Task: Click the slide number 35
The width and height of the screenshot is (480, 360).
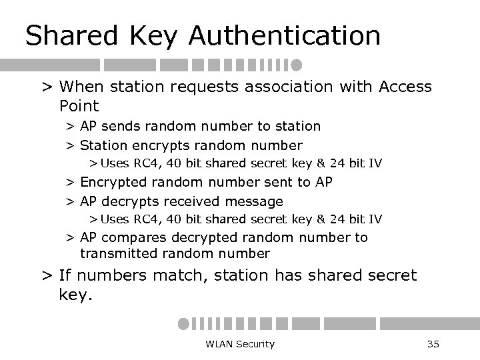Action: click(x=433, y=344)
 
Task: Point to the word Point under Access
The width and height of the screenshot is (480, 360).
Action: click(x=79, y=105)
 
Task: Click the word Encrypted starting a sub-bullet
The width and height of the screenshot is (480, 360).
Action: click(x=111, y=181)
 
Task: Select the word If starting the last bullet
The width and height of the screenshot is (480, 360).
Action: click(x=65, y=274)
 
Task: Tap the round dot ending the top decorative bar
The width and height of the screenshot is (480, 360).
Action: click(x=296, y=65)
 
